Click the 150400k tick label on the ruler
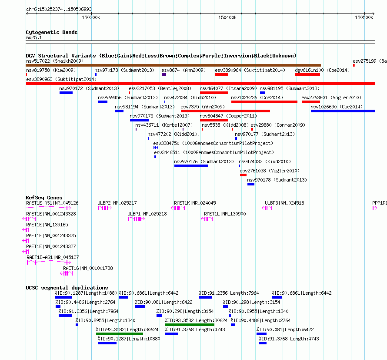[227, 17]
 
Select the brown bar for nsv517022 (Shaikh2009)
[173, 65]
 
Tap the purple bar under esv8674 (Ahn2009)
[164, 74]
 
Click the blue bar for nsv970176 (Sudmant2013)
[191, 166]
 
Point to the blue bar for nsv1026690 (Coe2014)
[343, 111]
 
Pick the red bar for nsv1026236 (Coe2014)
[264, 102]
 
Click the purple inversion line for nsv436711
[160, 129]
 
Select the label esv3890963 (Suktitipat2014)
[61, 79]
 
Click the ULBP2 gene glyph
[105, 208]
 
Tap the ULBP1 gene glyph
[136, 219]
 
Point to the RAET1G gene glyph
[67, 273]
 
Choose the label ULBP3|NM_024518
[284, 203]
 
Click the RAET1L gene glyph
[207, 219]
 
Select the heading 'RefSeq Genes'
[44, 198]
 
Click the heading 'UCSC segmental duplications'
[67, 288]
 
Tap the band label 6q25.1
[34, 37]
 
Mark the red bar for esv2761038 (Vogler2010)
[243, 175]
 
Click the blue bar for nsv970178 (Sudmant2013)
[251, 184]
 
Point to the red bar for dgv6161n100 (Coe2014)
[307, 74]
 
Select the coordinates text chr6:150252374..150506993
[59, 9]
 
